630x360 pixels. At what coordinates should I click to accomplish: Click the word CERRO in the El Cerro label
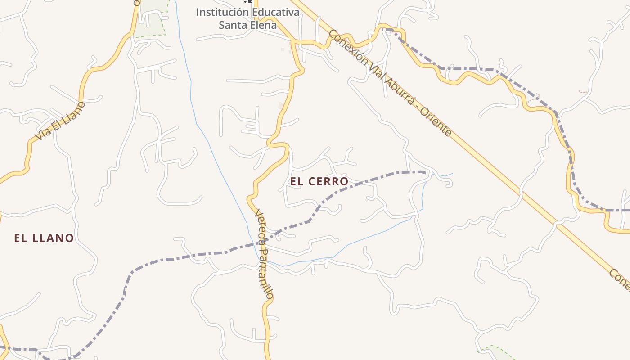328,181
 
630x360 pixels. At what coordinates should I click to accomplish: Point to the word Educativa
274,12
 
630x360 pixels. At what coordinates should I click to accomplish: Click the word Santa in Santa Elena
232,25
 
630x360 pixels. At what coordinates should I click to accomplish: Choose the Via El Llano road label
60,120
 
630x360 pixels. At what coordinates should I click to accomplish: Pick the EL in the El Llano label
20,238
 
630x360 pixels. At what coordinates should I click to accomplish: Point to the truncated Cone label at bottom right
620,279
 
